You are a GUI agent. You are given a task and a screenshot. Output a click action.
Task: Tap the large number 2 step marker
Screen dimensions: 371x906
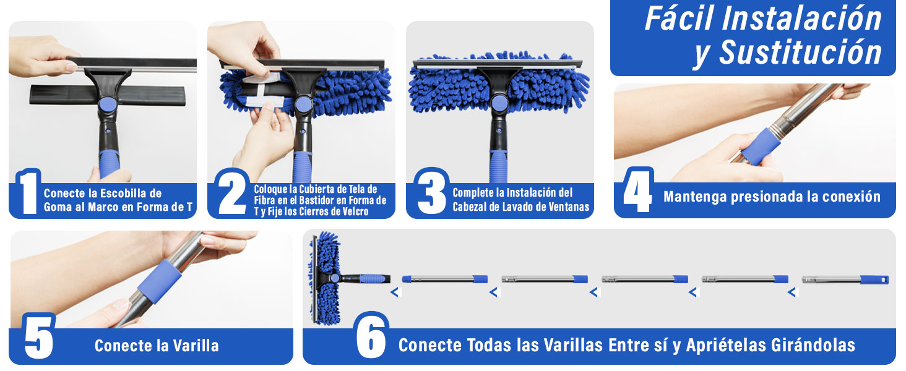point(232,193)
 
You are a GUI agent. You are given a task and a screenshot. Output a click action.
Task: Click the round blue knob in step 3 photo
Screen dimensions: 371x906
point(499,103)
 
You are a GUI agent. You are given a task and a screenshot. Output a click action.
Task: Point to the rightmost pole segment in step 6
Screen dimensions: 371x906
point(845,279)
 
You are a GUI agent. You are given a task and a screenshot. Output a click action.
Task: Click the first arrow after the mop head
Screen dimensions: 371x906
point(394,292)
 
